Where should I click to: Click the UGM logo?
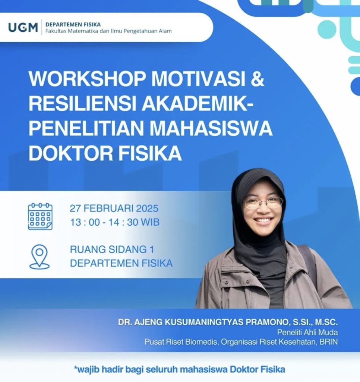click(23, 27)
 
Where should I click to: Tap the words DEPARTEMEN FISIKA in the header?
click(73, 25)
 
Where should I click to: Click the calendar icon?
click(40, 216)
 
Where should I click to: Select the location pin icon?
click(40, 257)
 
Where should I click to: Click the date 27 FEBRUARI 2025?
click(114, 209)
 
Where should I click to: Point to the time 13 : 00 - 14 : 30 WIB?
click(115, 222)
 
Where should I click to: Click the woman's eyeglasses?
click(263, 203)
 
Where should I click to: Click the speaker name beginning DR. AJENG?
click(228, 322)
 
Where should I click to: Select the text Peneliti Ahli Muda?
click(307, 332)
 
